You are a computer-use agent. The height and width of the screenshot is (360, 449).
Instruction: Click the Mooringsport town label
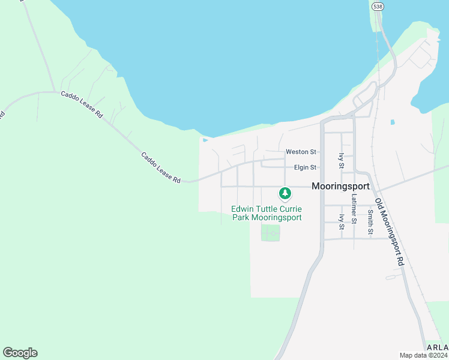340,187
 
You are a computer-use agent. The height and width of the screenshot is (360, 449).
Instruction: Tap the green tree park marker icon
285,194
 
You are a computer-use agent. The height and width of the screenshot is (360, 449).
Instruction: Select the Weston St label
301,152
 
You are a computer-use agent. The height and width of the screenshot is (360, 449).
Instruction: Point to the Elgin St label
305,167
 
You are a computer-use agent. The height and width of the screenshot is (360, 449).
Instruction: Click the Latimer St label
355,208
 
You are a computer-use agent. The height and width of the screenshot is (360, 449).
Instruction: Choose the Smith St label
370,222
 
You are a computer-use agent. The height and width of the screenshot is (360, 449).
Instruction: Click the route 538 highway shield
377,6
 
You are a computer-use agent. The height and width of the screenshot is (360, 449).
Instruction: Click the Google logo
20,353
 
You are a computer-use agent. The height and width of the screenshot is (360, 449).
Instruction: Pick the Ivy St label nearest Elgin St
341,160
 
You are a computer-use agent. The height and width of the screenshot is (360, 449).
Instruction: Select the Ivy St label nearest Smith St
341,222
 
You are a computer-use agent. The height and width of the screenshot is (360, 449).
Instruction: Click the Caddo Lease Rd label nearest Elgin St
161,167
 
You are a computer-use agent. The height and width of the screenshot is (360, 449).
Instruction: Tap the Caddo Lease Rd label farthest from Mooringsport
82,104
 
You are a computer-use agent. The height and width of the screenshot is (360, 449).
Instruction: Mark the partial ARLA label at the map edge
437,347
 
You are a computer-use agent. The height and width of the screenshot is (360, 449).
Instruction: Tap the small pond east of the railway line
393,122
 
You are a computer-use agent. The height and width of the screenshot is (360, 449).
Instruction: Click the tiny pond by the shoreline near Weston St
206,141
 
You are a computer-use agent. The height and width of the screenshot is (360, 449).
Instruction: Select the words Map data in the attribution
412,355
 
